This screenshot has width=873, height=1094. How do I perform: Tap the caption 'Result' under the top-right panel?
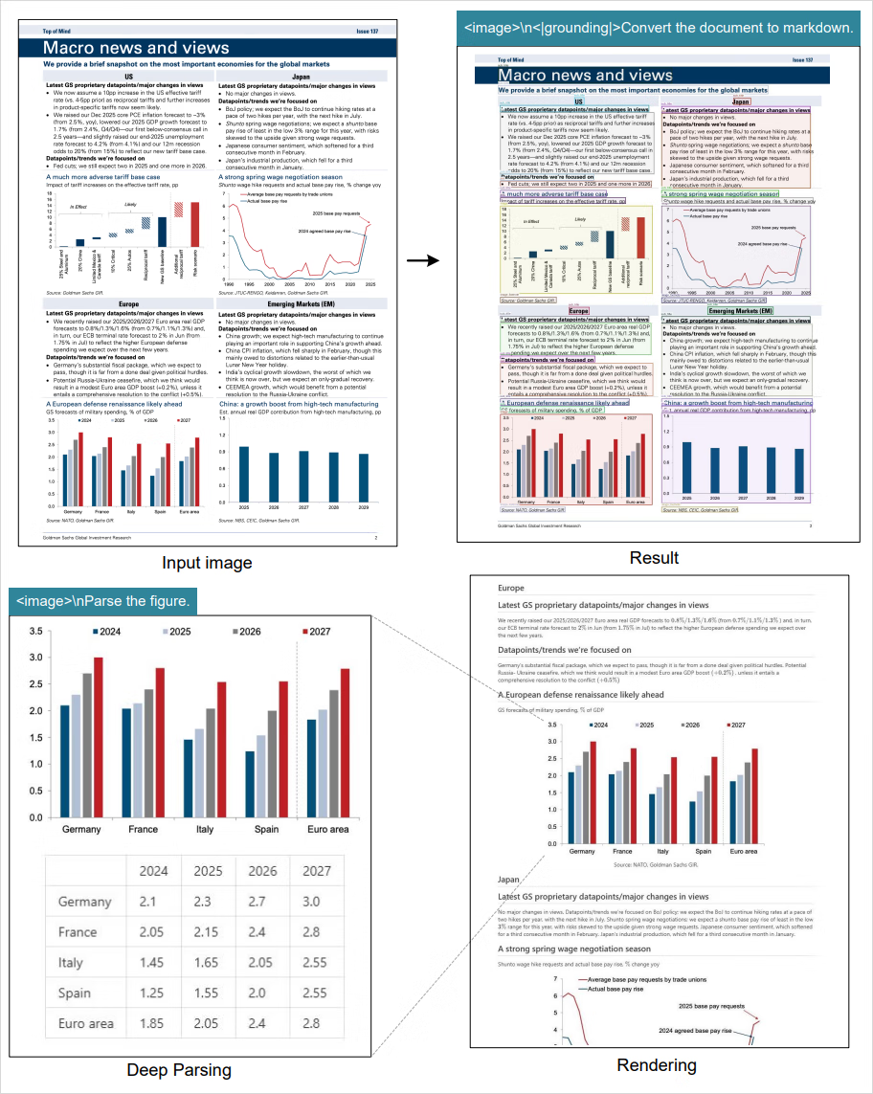[x=655, y=558]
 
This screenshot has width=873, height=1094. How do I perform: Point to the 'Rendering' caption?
[x=656, y=1065]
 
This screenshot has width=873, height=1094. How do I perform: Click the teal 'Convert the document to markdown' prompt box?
[x=659, y=27]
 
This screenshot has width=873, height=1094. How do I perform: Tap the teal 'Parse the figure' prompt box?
[x=105, y=601]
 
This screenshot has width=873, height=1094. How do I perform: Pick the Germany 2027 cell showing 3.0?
[x=313, y=902]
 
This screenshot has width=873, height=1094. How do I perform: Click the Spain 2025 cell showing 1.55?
[x=207, y=993]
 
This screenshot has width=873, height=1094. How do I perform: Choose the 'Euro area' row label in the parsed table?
[x=86, y=1023]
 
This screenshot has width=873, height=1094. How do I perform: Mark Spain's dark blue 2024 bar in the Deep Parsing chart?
[x=251, y=784]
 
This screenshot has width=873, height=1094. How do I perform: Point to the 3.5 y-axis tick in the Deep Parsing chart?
[x=36, y=632]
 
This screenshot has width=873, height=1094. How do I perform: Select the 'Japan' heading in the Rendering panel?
[x=509, y=879]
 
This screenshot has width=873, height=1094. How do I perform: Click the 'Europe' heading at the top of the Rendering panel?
[x=512, y=588]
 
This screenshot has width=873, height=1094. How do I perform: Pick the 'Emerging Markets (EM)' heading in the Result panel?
[x=740, y=311]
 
